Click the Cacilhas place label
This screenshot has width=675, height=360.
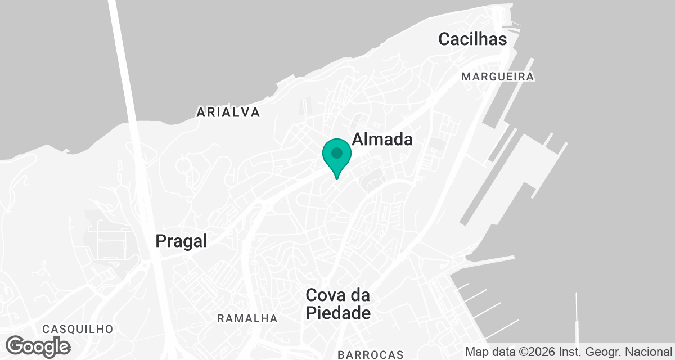472,39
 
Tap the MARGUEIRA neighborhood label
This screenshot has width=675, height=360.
497,76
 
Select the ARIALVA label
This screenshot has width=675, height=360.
228,112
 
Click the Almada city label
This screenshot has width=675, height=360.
382,139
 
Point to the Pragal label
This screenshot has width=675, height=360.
181,241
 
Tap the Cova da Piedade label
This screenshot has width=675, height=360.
338,304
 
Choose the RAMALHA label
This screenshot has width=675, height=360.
247,319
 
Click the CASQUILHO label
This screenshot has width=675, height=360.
78,329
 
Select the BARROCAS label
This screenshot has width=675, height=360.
371,354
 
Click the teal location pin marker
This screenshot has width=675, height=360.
337,157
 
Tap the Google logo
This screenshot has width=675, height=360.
38,346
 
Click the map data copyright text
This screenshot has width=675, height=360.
568,352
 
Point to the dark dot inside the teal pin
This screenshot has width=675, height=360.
337,152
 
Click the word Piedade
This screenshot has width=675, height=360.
338,313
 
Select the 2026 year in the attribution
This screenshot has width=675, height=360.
534,352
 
